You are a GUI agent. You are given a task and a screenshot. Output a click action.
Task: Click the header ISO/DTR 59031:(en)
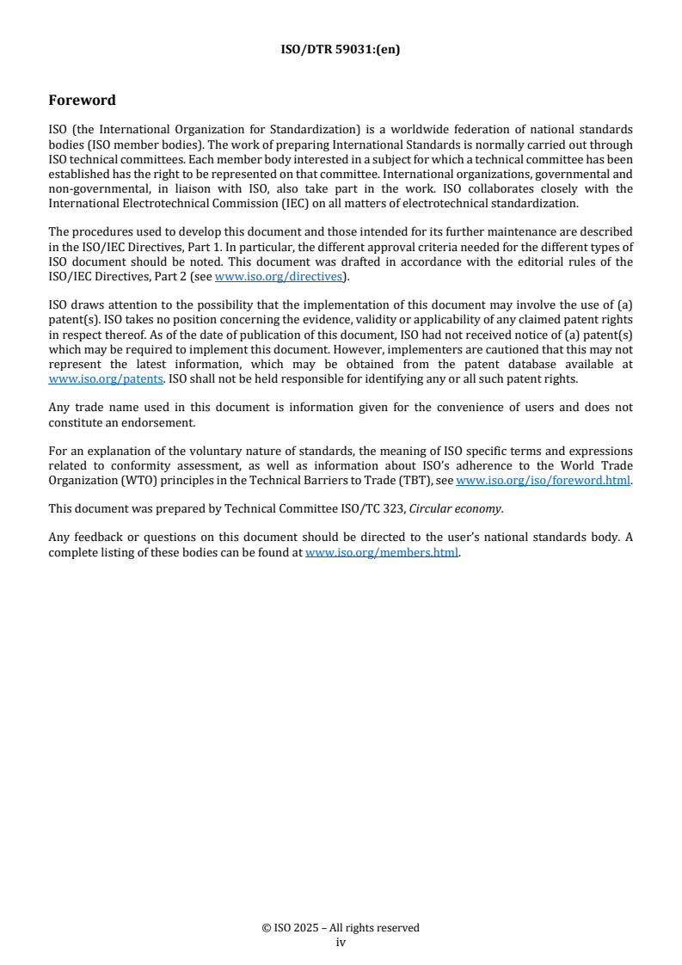[x=341, y=49]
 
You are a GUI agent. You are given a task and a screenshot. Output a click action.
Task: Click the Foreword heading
[x=82, y=101]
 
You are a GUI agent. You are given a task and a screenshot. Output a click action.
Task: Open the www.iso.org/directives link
[x=278, y=276]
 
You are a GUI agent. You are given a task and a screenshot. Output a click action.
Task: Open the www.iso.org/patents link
[x=88, y=378]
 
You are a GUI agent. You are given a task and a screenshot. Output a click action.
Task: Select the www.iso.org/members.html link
[x=382, y=552]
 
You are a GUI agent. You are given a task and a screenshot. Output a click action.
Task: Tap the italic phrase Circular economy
[x=455, y=508]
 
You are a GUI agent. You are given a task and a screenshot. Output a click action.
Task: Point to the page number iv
[x=341, y=942]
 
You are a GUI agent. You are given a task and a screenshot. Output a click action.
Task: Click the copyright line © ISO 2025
[x=341, y=928]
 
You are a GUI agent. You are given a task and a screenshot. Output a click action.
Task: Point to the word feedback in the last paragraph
[x=97, y=538]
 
